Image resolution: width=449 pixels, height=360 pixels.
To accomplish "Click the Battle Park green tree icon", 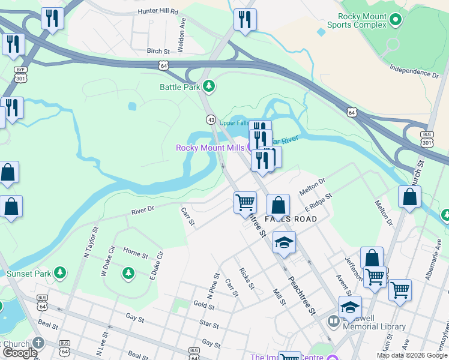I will point(209,87).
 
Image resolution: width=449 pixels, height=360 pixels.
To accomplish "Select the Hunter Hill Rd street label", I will point(158,11).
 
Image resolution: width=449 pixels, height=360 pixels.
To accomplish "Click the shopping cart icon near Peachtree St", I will point(245,202).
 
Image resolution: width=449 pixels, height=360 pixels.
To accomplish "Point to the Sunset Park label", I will point(28,274).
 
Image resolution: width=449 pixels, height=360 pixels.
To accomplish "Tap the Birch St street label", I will point(158,52).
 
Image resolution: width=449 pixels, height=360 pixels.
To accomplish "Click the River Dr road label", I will point(143,210).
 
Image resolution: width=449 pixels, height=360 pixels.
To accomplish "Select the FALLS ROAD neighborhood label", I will point(286,220).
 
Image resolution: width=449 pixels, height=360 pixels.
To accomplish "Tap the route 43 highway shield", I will point(211,120).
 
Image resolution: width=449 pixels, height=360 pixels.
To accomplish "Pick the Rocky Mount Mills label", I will point(209,148).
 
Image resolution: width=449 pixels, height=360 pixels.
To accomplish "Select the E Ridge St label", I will point(318,202).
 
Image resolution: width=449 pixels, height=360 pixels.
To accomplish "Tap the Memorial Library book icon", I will point(334,322).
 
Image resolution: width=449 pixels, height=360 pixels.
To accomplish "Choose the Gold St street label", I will point(204,305).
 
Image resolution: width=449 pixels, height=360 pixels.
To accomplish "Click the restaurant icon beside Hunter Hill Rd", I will point(53,19).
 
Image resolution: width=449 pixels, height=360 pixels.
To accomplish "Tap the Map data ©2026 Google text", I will point(412,355).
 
